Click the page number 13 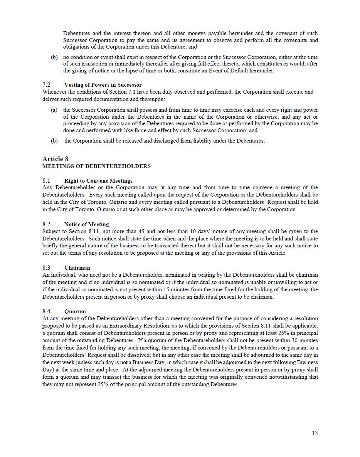pos(315,433)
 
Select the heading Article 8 pos(56,159)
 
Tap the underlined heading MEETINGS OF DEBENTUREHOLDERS pos(96,166)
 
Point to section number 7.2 pos(46,85)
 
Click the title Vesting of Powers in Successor pos(103,85)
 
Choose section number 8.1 pos(46,181)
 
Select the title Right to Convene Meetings pos(98,181)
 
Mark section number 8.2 pos(46,224)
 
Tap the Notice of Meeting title pos(86,224)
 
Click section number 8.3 pos(46,268)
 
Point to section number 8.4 pos(46,311)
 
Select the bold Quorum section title pos(75,311)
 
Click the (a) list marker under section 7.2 pos(54,110)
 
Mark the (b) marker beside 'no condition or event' pos(54,57)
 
